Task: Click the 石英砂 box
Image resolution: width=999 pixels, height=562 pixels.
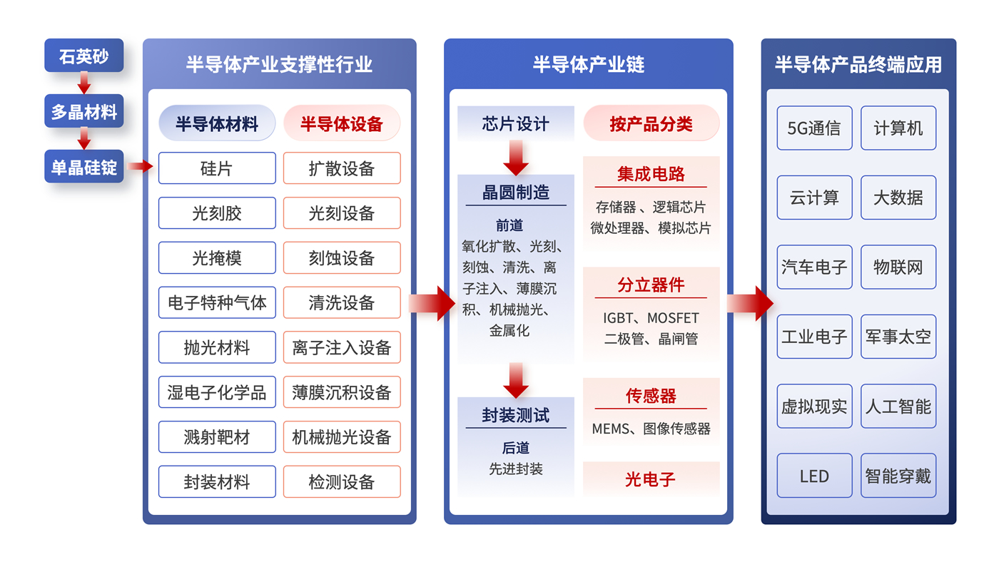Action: [x=83, y=56]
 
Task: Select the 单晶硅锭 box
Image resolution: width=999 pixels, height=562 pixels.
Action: [x=83, y=167]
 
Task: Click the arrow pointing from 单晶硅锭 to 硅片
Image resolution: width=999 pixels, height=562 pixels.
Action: [x=141, y=167]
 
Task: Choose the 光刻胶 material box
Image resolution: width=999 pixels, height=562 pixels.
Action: [x=217, y=213]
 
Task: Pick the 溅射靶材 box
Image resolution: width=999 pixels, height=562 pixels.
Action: [x=217, y=437]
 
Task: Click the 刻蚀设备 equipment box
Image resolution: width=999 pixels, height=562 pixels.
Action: [x=342, y=258]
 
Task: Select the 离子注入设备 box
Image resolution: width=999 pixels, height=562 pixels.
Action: [x=342, y=348]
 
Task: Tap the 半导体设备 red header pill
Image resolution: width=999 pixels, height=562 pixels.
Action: [x=342, y=124]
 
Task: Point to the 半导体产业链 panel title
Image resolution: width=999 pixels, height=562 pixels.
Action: [x=588, y=65]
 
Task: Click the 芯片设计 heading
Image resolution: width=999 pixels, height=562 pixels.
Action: [x=515, y=124]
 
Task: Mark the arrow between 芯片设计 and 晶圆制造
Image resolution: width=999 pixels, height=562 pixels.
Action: [x=516, y=158]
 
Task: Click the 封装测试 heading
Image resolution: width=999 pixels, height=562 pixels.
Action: [x=515, y=416]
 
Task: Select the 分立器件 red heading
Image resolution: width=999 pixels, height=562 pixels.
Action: [x=651, y=285]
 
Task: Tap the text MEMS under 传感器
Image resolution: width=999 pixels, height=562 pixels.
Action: [x=611, y=429]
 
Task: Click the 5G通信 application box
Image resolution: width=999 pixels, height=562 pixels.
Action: [x=814, y=128]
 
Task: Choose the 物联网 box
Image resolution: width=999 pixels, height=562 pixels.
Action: [x=898, y=267]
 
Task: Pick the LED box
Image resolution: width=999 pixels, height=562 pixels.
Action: [x=814, y=476]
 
